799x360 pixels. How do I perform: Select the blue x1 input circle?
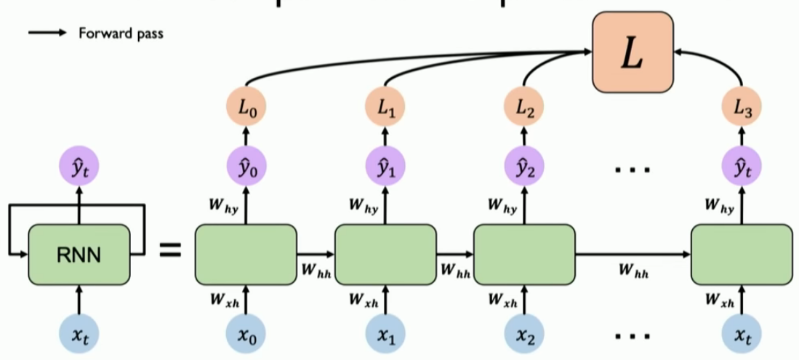click(385, 334)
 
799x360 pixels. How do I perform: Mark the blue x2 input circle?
click(523, 334)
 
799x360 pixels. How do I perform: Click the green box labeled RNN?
click(79, 255)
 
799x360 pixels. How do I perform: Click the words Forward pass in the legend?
click(121, 33)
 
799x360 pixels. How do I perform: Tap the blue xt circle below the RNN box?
click(79, 334)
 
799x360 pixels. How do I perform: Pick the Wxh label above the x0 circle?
click(225, 298)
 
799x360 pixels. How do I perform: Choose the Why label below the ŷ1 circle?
click(363, 207)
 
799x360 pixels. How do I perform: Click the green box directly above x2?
click(523, 255)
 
